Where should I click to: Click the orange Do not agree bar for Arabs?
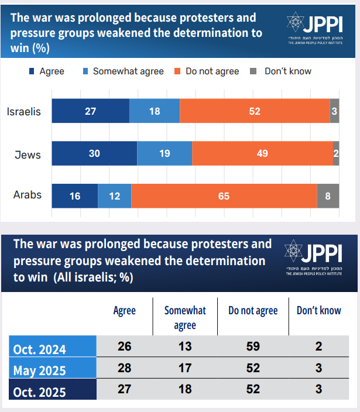[224, 196]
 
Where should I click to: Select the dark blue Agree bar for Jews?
[94, 154]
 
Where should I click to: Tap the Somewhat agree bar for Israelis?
[155, 111]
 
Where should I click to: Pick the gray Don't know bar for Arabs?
[328, 196]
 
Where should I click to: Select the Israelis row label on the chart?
[23, 111]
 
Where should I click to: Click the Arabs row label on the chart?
[28, 195]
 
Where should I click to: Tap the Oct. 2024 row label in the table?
[40, 349]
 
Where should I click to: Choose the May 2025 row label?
[40, 370]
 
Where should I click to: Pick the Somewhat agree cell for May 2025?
[185, 369]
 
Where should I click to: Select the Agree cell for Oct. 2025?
[124, 390]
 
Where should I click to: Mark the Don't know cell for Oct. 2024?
[318, 346]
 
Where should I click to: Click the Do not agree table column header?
[253, 311]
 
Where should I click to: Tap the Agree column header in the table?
[124, 311]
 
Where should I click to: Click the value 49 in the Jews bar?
[262, 154]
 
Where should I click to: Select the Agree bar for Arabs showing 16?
[75, 196]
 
